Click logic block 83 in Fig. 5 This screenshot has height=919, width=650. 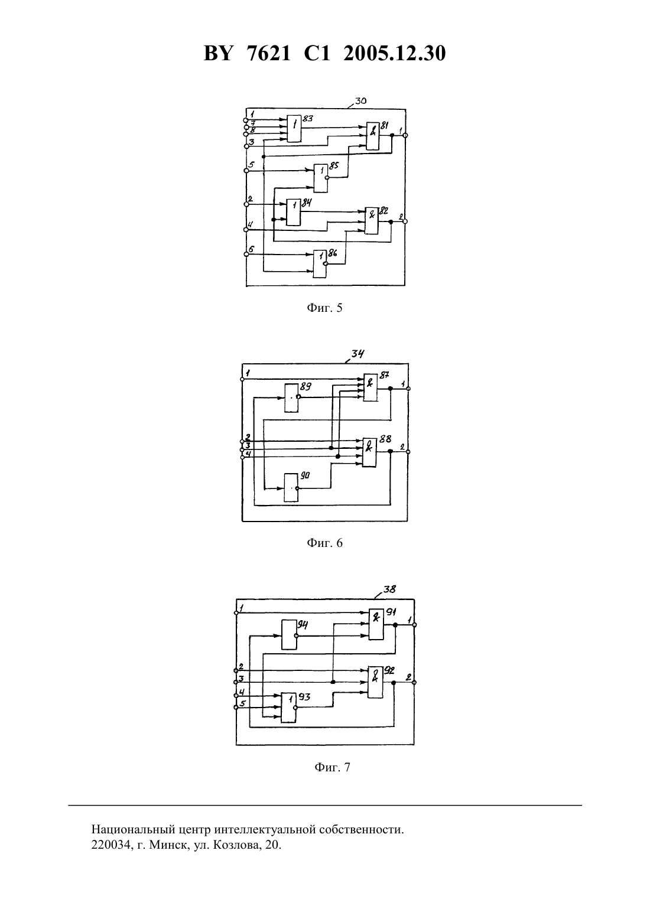pos(294,128)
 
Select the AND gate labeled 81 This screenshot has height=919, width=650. pos(373,136)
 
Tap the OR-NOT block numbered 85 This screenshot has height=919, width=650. pos(321,178)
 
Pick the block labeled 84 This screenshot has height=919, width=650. pos(293,211)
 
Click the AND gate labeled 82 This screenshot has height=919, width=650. pos(371,220)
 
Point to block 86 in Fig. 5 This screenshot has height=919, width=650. pos(320,264)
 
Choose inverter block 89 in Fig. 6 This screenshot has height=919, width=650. pos(291,398)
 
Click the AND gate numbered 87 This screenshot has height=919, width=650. pos(370,387)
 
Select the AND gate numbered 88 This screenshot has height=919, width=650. pos(369,452)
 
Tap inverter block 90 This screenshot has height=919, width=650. pos(291,488)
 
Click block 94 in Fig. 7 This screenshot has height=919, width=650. pos(288,635)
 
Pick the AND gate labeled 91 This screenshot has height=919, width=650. pos(376,624)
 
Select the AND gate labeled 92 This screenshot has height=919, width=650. pos(375,682)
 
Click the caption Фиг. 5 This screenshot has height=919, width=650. pos(324,308)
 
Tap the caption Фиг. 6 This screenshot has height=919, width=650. pos(324,543)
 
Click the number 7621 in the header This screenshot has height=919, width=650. pos(269,53)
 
